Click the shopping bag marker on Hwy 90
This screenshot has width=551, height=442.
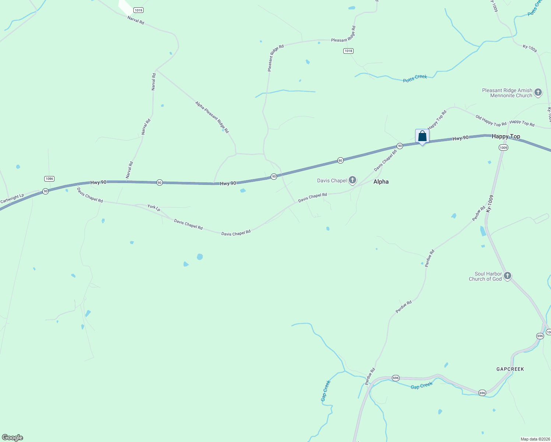(x=422, y=137)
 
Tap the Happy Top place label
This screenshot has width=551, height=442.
(x=506, y=137)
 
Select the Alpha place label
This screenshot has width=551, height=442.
(x=381, y=182)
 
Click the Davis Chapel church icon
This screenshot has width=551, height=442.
(x=352, y=180)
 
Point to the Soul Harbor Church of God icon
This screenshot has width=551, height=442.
(x=507, y=276)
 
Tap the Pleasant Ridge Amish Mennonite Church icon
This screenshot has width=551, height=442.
(x=538, y=92)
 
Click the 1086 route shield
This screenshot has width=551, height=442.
(x=49, y=179)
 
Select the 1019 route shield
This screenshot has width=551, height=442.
(x=138, y=10)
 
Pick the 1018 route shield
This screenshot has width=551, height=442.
(x=348, y=51)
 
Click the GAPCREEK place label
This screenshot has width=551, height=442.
(x=510, y=369)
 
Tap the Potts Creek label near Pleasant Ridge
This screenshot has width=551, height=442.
(x=415, y=78)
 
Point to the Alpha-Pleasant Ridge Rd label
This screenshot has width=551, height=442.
(x=212, y=117)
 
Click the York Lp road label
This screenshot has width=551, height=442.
(x=154, y=208)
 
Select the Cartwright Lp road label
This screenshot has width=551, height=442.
(x=12, y=199)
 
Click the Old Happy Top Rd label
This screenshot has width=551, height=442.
(x=491, y=121)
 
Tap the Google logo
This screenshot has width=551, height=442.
(x=13, y=438)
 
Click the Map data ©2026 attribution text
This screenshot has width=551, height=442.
(x=534, y=439)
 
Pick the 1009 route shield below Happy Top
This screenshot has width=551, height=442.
(x=503, y=148)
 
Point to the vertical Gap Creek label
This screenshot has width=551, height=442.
(x=326, y=390)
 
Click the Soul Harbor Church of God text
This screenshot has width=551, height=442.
(x=485, y=276)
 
